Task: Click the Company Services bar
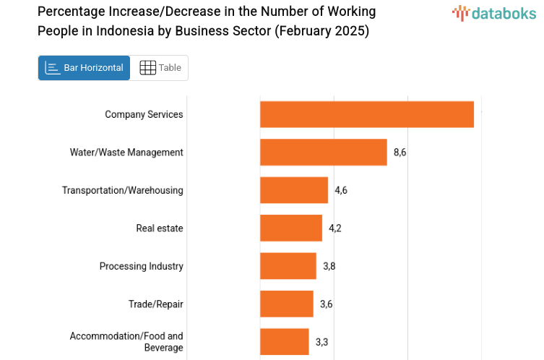(366, 114)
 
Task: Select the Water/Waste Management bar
(323, 152)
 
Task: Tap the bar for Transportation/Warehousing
(293, 190)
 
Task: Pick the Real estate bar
(290, 228)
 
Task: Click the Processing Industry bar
(288, 266)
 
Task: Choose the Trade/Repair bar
(286, 304)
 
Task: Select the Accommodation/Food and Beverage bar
(284, 341)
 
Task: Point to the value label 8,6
(400, 153)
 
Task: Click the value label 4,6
(341, 190)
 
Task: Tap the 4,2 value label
(335, 228)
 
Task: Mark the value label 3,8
(329, 266)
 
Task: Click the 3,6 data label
(327, 304)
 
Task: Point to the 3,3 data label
(321, 342)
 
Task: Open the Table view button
(160, 68)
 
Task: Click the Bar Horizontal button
(84, 68)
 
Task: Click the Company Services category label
(144, 114)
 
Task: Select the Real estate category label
(160, 228)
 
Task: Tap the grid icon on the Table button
(147, 68)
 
